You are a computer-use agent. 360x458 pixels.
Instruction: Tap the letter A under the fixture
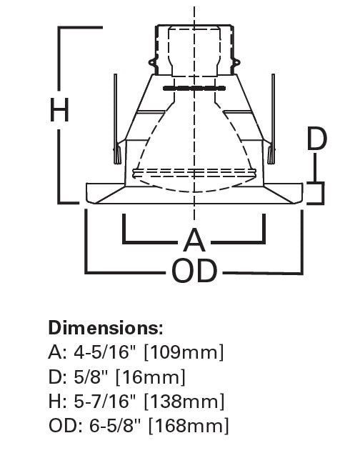point(194,239)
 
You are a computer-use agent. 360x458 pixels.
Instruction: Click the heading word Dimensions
point(105,329)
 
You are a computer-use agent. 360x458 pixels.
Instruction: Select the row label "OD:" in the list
point(63,427)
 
